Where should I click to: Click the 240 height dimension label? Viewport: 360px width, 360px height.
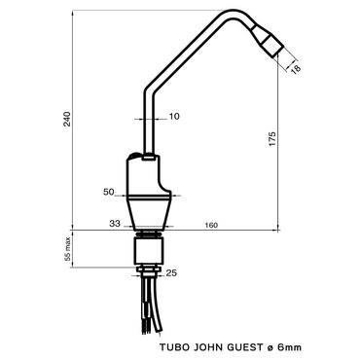[x=67, y=119]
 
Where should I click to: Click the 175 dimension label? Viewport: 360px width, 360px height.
[x=272, y=138]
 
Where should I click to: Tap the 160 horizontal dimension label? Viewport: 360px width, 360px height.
[x=211, y=225]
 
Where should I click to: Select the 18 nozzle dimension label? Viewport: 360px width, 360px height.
[x=296, y=69]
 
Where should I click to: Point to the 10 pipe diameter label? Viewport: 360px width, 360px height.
[x=174, y=116]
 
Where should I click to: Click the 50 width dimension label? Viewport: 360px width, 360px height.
[x=109, y=192]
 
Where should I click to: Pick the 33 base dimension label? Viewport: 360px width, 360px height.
[x=115, y=223]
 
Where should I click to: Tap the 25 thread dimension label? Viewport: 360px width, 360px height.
[x=171, y=273]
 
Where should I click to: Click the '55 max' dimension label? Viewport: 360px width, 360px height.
[x=67, y=249]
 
